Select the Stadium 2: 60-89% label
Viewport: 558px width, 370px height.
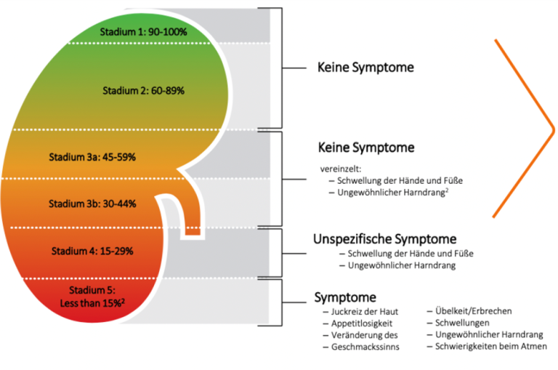[x=143, y=92]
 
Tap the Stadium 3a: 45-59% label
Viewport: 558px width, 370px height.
[x=102, y=156]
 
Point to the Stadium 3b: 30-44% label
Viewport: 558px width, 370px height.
[x=102, y=203]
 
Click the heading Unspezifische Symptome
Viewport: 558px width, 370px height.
[x=384, y=238]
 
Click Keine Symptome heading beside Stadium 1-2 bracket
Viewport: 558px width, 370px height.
[x=365, y=68]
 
